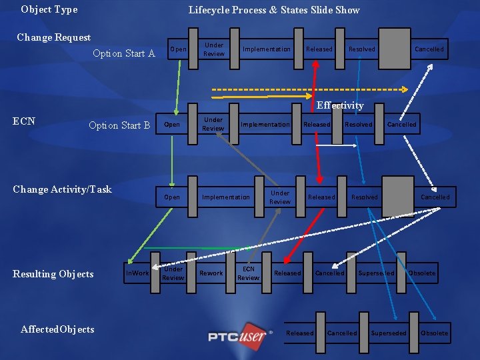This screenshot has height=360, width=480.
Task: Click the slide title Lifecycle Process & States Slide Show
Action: click(274, 10)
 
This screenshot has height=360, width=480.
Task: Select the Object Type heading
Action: click(49, 9)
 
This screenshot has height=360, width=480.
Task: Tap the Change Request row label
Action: click(53, 37)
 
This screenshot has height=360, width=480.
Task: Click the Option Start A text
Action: click(124, 53)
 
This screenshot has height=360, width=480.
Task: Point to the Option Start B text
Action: click(119, 125)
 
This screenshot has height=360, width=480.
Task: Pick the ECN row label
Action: click(24, 121)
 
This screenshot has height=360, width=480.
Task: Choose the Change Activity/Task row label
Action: click(63, 189)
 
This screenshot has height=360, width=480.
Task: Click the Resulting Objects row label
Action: click(53, 274)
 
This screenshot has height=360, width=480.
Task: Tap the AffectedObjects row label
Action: click(57, 329)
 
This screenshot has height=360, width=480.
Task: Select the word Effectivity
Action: click(340, 105)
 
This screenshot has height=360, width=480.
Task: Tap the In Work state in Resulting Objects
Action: click(137, 273)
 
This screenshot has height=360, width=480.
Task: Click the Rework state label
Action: click(211, 273)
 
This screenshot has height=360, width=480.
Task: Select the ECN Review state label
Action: click(248, 273)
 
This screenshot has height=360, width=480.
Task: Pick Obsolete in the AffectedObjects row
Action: click(435, 333)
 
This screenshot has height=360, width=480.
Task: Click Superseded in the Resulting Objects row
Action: click(376, 273)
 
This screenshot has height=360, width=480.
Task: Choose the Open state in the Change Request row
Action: click(178, 49)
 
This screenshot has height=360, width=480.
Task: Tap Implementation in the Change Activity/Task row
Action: click(226, 197)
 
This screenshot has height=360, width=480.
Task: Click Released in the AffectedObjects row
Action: click(299, 333)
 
